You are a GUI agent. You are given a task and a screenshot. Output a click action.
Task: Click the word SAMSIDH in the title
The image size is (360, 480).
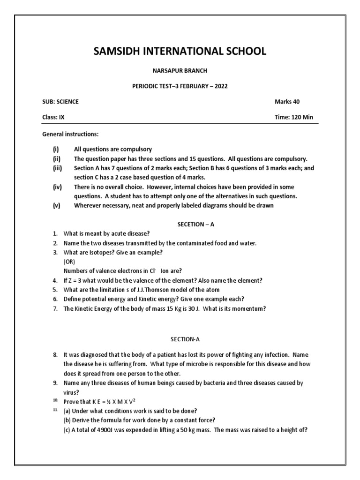[x=118, y=51]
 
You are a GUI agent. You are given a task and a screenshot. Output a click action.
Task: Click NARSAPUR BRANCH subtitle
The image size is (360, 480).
[x=180, y=71]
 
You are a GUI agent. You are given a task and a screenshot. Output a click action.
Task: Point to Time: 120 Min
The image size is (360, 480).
[x=294, y=117]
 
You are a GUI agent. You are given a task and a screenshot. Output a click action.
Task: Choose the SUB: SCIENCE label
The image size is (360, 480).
[x=60, y=102]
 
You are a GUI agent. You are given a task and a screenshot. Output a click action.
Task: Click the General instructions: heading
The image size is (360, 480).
[x=70, y=134]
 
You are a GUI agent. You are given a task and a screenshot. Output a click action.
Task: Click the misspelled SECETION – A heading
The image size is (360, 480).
[x=195, y=225]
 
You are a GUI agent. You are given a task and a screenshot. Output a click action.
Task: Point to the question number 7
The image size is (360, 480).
[x=55, y=308]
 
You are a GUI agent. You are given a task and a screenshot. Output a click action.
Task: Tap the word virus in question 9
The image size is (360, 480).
[x=70, y=392]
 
